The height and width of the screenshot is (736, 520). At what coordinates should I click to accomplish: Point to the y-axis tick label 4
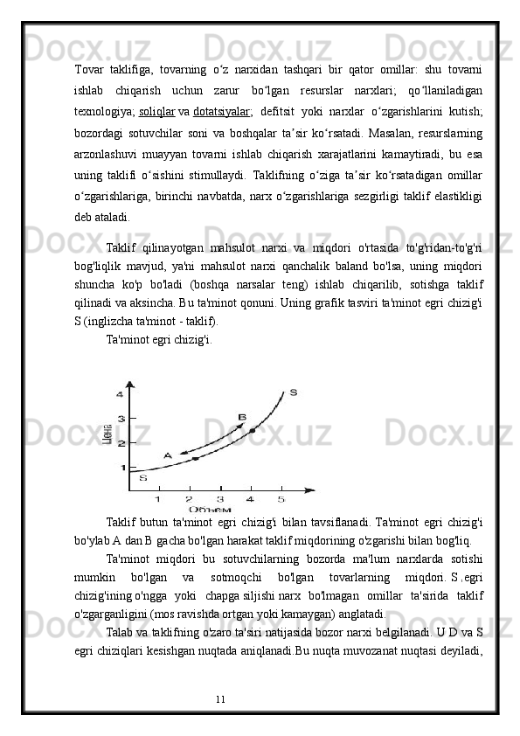(x=120, y=395)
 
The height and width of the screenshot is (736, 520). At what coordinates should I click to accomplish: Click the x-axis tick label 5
(x=281, y=499)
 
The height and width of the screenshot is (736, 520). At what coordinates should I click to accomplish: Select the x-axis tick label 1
(x=157, y=499)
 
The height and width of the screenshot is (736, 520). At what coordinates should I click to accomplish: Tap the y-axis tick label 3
(x=121, y=420)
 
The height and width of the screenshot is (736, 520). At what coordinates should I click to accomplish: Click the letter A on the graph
(x=167, y=455)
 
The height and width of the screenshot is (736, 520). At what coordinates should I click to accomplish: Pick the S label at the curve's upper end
(x=293, y=392)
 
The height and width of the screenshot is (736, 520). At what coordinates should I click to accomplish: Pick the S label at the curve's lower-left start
(x=143, y=478)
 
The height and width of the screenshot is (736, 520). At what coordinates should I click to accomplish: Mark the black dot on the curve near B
(x=253, y=431)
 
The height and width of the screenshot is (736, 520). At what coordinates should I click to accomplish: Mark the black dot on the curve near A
(x=195, y=458)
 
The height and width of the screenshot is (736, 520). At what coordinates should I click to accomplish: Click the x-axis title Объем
(x=210, y=510)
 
